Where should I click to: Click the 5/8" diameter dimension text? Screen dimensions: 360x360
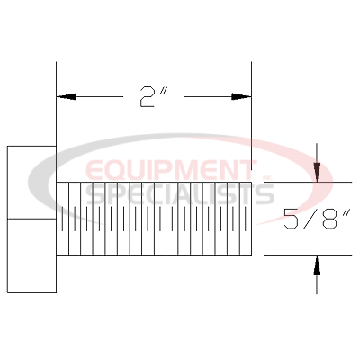[318, 220]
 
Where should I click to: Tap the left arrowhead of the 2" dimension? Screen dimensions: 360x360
[66, 96]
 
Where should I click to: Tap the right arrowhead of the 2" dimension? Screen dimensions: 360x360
[241, 96]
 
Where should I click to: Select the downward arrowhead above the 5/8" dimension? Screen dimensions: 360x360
[317, 172]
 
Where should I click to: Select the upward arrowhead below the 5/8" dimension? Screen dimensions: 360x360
[317, 265]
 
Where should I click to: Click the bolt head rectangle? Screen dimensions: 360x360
[31, 219]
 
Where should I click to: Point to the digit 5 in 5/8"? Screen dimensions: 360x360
[291, 220]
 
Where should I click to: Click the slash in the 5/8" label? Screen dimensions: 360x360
[310, 220]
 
